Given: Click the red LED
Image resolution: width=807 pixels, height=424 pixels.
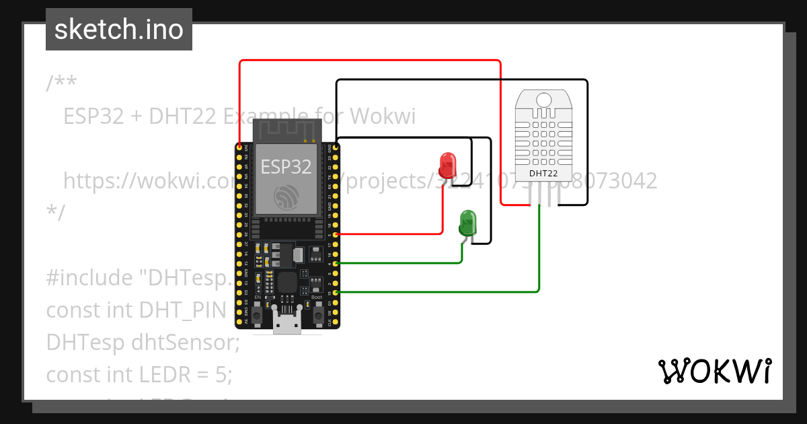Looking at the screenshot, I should click(x=447, y=163).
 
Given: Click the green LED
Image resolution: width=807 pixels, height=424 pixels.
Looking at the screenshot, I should click(x=467, y=221).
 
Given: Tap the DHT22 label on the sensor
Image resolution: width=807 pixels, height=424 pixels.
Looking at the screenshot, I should click(x=543, y=174).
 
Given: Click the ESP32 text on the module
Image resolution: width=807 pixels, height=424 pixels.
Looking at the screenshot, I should click(x=286, y=166).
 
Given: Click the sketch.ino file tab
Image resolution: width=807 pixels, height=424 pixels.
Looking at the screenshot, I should click(x=119, y=30).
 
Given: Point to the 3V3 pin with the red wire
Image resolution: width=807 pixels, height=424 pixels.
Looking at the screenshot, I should click(x=240, y=147).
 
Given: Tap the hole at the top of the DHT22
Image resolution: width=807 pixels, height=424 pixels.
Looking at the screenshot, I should click(x=543, y=100).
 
